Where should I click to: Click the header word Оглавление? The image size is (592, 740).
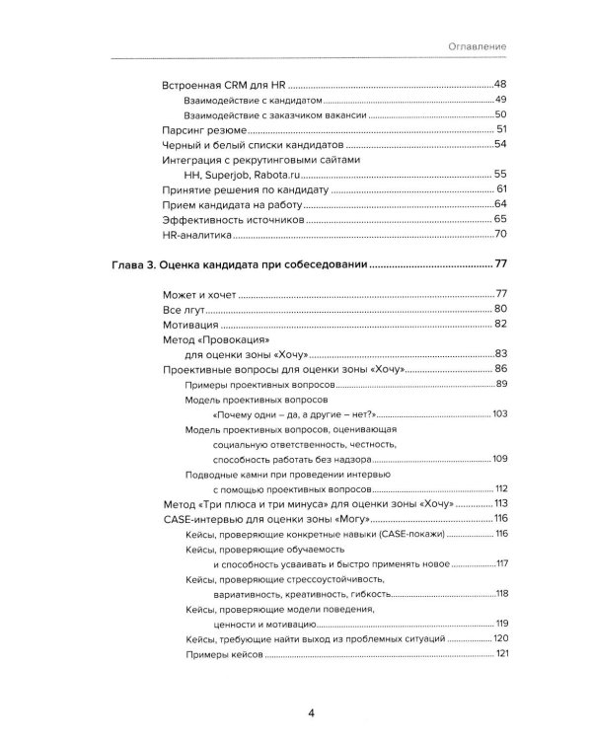477,46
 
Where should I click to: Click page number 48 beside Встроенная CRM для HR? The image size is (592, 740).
499,86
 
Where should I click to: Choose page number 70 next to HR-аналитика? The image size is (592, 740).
499,234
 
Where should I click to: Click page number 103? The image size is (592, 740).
499,414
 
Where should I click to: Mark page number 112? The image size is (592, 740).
500,488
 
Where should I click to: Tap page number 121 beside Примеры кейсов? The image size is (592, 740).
501,654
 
